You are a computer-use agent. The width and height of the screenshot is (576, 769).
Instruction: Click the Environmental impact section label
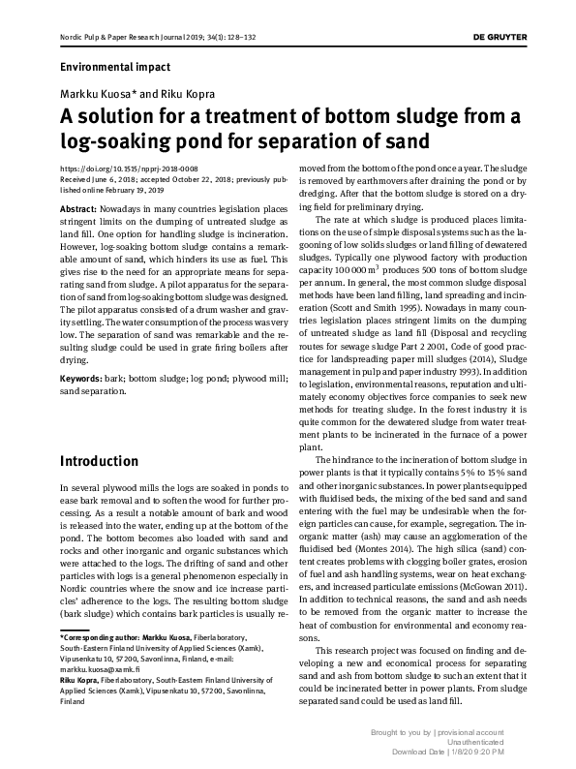(115, 67)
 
